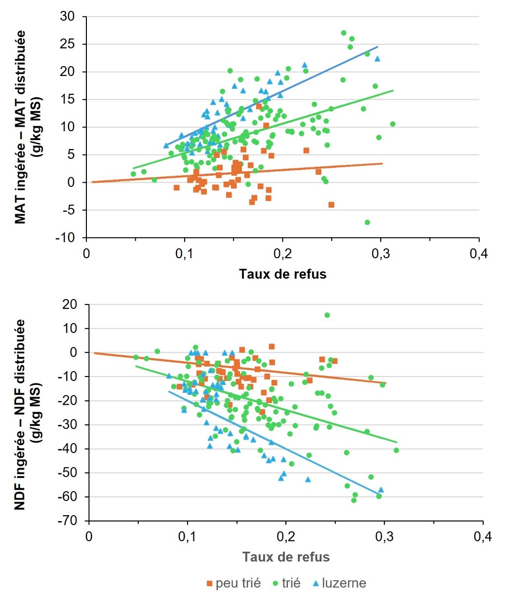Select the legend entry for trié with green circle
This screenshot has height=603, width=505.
pos(286,583)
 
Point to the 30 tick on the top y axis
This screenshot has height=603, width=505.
pos(68,17)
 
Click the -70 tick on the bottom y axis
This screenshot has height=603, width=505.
pos(68,521)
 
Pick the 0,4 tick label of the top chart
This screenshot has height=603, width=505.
pos(478,254)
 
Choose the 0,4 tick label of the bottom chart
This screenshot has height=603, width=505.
pos(482,536)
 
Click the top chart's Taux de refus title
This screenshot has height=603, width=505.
pos(282,274)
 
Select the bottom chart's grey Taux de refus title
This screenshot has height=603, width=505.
pos(286,557)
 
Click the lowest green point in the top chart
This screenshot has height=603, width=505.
pos(367,223)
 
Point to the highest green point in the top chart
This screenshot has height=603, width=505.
pos(344,33)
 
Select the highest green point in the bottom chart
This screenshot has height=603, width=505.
pos(327,315)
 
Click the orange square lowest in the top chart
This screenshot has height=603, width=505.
pos(331,205)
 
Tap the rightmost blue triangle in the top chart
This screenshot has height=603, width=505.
pos(377,59)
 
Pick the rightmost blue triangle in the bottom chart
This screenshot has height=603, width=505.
pos(381,490)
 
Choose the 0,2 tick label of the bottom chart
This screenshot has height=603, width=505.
pos(285,536)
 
